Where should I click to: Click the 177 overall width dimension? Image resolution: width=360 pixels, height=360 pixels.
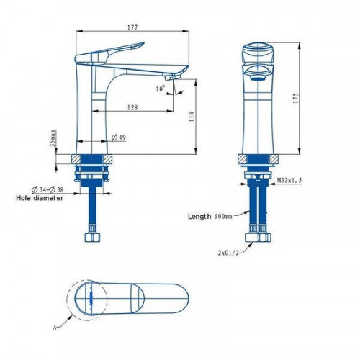[132, 27]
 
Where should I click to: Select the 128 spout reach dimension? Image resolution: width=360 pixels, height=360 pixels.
[132, 107]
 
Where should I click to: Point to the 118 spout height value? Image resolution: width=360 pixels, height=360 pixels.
[192, 117]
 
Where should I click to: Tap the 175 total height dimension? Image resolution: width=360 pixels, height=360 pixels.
[295, 98]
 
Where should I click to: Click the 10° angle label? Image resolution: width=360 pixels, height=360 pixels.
[161, 89]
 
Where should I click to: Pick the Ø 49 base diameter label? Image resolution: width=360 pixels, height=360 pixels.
[119, 138]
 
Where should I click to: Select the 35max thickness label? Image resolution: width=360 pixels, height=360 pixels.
[53, 138]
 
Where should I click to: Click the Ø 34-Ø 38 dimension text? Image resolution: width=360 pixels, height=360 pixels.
[48, 189]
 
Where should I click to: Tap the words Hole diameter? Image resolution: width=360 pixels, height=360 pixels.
[40, 198]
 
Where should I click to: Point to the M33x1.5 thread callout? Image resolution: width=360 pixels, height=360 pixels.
[289, 180]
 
